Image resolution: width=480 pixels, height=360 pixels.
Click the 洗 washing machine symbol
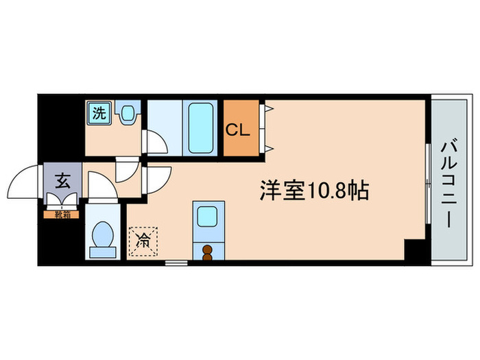point(99,114)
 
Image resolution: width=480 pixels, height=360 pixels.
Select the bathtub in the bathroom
point(201,128)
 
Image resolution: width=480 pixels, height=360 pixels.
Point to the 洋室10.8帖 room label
point(314,190)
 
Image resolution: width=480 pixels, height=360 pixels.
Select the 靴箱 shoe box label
point(62,215)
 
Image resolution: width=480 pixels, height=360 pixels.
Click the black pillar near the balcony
point(415,250)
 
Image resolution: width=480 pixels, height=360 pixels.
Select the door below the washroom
point(126,169)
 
